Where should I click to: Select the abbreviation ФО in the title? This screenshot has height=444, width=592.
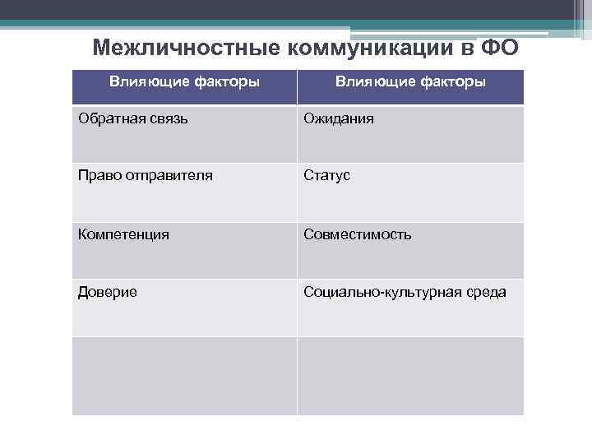click(x=500, y=48)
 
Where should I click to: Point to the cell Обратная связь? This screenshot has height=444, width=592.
click(x=132, y=119)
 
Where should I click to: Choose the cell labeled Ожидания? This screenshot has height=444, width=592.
click(x=339, y=119)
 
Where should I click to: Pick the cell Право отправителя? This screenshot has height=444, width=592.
click(x=146, y=176)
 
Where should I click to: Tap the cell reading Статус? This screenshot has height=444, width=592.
click(x=326, y=176)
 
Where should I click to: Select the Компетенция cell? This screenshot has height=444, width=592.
click(x=123, y=234)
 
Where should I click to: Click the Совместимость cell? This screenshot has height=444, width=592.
click(x=358, y=234)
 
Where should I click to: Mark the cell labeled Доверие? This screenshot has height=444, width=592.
click(x=108, y=292)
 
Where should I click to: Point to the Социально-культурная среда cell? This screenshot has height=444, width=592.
click(x=405, y=292)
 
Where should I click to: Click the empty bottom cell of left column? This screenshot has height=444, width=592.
click(x=184, y=376)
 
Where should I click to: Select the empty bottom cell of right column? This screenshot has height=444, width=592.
click(x=410, y=376)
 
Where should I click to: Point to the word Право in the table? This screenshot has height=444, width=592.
click(x=95, y=176)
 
